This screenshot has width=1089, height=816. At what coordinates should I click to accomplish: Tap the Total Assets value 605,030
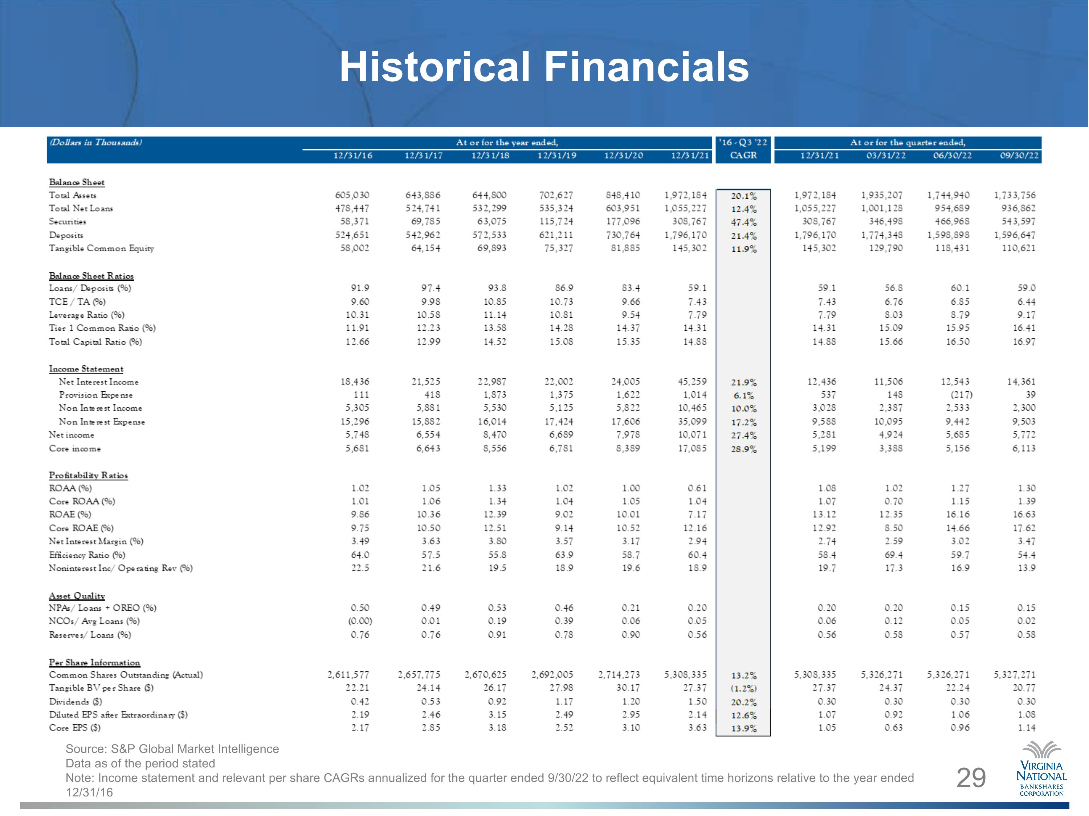click(x=352, y=195)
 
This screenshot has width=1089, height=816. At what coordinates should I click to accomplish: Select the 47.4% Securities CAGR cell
click(x=743, y=222)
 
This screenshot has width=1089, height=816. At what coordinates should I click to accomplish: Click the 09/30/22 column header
click(x=1019, y=156)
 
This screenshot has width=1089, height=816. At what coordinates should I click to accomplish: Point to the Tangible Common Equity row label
click(x=101, y=248)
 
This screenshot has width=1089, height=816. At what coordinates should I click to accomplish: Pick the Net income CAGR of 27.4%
click(x=743, y=435)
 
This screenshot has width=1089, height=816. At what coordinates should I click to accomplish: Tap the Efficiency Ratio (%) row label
click(x=87, y=555)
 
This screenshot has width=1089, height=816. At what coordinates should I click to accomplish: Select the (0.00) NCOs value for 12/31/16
click(x=360, y=621)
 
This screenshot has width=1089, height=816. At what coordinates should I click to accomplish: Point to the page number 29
click(x=971, y=778)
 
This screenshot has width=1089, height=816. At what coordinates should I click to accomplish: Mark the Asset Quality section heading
click(x=77, y=595)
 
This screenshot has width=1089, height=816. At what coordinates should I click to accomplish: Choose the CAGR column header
click(x=743, y=156)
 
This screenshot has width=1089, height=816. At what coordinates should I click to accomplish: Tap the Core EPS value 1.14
click(x=1027, y=728)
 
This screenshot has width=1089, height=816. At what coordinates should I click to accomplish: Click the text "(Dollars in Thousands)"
click(x=96, y=142)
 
